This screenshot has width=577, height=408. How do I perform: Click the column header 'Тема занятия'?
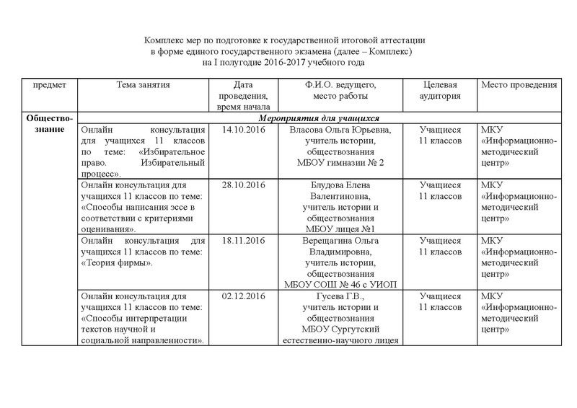[143, 85]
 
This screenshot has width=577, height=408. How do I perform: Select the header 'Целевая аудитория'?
[441, 91]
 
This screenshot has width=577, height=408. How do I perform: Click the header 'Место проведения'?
[519, 85]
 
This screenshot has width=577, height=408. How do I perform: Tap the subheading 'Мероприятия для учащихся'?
[319, 118]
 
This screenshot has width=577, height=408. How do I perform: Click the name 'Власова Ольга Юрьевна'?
[340, 130]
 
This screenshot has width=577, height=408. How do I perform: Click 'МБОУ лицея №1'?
[340, 229]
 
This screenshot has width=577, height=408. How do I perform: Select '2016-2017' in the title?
[293, 64]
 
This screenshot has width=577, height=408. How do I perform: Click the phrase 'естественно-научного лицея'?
[340, 340]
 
